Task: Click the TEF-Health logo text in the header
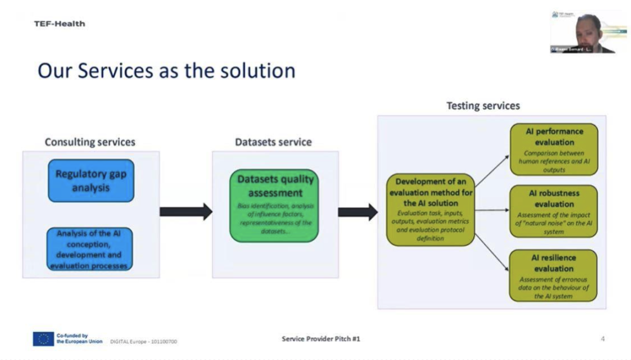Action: [x=60, y=24]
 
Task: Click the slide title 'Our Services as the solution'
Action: [x=166, y=70]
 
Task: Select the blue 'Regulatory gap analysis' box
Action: [x=91, y=181]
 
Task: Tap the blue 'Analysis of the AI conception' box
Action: [x=90, y=249]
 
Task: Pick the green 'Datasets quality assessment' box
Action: [x=274, y=205]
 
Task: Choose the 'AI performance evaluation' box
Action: [x=554, y=149]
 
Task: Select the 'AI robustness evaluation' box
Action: [x=554, y=211]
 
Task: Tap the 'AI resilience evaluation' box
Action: [x=554, y=275]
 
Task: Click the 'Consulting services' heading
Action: [x=90, y=142]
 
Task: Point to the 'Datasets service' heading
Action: [x=273, y=142]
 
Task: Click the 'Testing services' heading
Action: [x=483, y=106]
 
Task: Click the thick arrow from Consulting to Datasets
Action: [x=186, y=212]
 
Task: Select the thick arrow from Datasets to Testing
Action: [x=357, y=212]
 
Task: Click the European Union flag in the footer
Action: [x=43, y=339]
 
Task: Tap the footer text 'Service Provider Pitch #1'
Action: [x=321, y=339]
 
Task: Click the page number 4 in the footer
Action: [x=602, y=339]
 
